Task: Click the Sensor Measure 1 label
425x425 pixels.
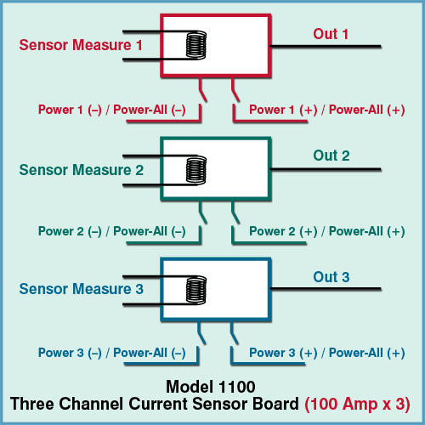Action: pyautogui.click(x=81, y=45)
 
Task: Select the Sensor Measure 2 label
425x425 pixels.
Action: pyautogui.click(x=82, y=170)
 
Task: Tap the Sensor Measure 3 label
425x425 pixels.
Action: pyautogui.click(x=82, y=289)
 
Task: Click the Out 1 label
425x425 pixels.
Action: pyautogui.click(x=331, y=34)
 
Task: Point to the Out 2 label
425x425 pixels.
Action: pyautogui.click(x=331, y=156)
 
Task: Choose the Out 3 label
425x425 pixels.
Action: pyautogui.click(x=331, y=277)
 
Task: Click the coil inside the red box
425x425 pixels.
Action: pyautogui.click(x=196, y=45)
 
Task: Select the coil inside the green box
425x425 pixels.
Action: pyautogui.click(x=196, y=170)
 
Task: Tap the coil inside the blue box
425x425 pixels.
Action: pyautogui.click(x=196, y=290)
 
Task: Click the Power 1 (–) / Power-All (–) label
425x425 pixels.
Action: pyautogui.click(x=112, y=110)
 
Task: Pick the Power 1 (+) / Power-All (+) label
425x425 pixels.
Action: pyautogui.click(x=327, y=110)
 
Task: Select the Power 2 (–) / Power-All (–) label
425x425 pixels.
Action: pyautogui.click(x=112, y=231)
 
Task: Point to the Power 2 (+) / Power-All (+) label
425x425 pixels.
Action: pyautogui.click(x=327, y=231)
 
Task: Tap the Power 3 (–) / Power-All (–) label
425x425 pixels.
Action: pyautogui.click(x=112, y=353)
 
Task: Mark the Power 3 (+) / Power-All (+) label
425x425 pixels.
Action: pyautogui.click(x=327, y=353)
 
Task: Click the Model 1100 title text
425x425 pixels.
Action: pyautogui.click(x=211, y=387)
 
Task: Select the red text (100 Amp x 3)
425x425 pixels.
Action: pyautogui.click(x=357, y=405)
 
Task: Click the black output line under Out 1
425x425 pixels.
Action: pyautogui.click(x=326, y=46)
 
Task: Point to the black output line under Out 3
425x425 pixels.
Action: pyautogui.click(x=326, y=289)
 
